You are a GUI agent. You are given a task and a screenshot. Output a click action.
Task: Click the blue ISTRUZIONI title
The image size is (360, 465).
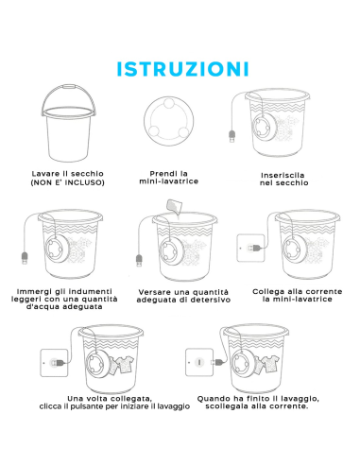182,69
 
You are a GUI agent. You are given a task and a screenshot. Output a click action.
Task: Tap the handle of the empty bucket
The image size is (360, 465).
69,87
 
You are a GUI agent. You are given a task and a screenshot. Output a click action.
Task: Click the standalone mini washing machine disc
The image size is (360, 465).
169,121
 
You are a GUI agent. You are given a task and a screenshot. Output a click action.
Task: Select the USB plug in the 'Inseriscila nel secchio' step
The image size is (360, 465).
232,136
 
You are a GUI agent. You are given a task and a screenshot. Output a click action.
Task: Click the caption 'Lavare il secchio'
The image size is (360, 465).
68,174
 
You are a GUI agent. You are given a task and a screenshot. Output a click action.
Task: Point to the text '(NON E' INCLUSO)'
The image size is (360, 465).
67,182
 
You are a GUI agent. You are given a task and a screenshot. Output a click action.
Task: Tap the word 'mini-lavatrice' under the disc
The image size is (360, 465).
169,181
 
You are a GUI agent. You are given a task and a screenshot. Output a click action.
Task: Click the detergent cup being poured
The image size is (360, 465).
174,206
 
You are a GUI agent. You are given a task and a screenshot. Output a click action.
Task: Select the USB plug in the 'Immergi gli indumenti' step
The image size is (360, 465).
25,258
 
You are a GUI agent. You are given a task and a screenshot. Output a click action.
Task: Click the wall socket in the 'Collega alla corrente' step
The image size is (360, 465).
250,248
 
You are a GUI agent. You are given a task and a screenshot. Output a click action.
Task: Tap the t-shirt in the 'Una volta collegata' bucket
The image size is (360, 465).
124,365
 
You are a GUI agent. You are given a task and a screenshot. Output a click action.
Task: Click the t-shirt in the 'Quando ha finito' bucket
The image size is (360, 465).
268,364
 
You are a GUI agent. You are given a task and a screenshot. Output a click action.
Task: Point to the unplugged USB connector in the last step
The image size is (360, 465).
218,362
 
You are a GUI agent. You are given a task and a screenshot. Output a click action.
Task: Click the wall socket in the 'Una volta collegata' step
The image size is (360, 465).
54,363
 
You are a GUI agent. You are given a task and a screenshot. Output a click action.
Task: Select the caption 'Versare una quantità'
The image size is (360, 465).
183,292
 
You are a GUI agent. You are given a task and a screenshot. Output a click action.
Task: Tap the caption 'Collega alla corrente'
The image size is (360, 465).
297,291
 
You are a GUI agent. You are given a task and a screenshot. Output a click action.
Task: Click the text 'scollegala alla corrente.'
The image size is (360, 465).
257,406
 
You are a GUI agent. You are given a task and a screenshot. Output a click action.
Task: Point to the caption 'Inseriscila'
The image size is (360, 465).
283,175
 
